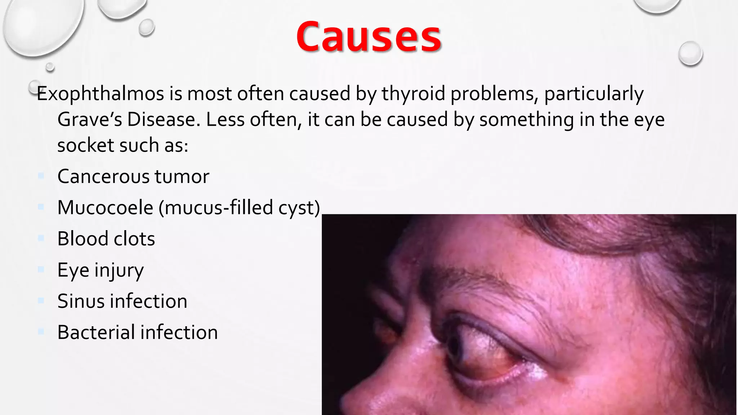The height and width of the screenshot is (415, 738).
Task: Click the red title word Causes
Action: (369, 37)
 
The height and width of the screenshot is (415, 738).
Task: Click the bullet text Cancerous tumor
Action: (133, 177)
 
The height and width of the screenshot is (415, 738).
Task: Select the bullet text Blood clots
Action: (106, 239)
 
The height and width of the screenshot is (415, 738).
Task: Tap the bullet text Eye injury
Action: (100, 270)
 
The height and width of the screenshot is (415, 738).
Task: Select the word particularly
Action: (593, 94)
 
